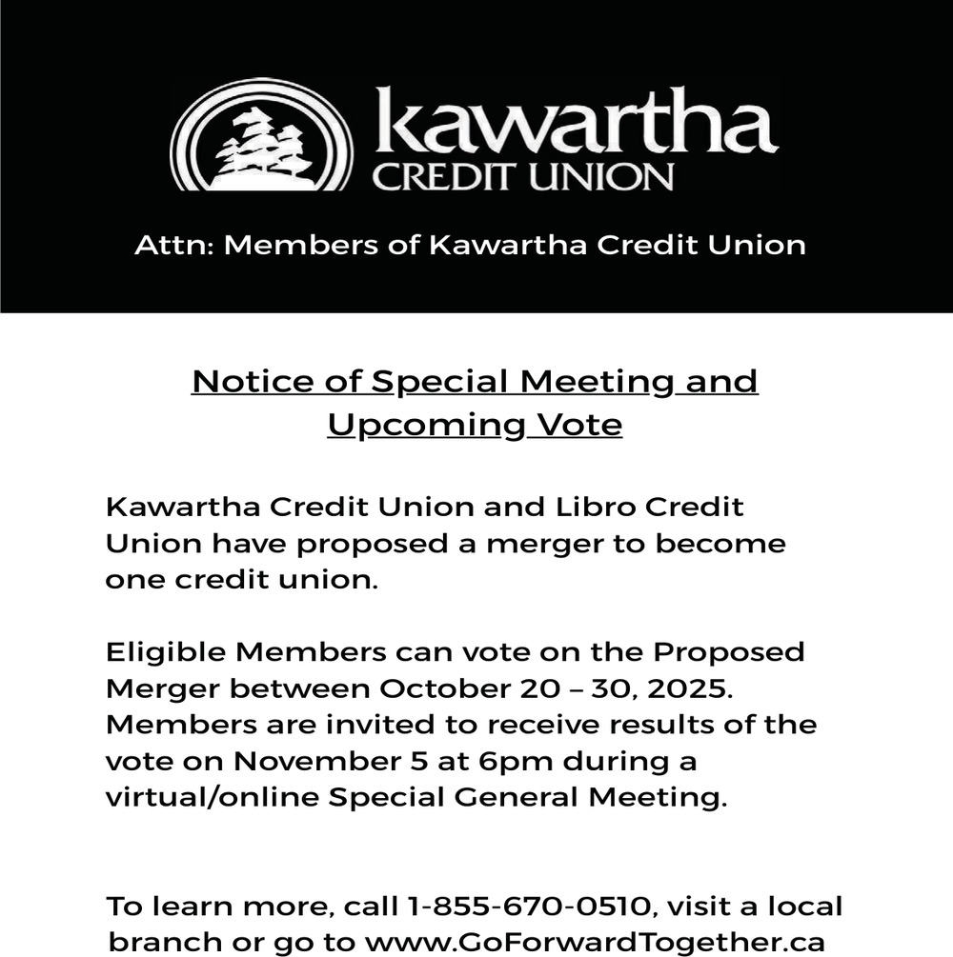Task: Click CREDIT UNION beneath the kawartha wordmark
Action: click(x=523, y=176)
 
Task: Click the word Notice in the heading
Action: click(x=245, y=381)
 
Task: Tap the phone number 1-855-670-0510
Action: click(x=529, y=905)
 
